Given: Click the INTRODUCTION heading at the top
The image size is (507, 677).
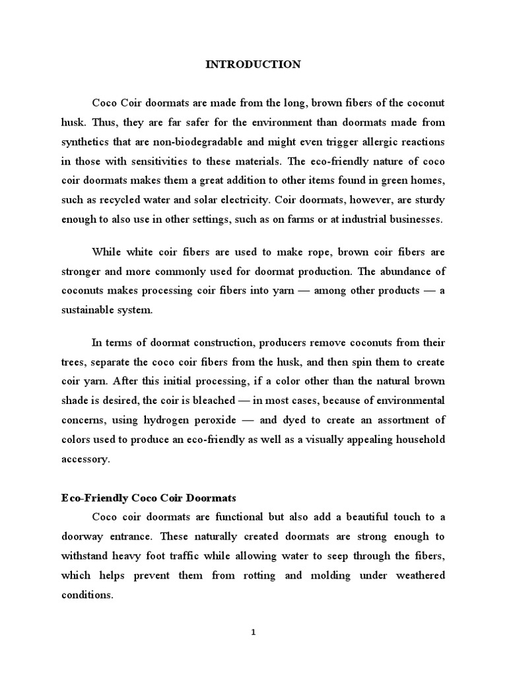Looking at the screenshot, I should (253, 64).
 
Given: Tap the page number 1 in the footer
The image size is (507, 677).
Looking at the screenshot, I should (253, 632).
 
